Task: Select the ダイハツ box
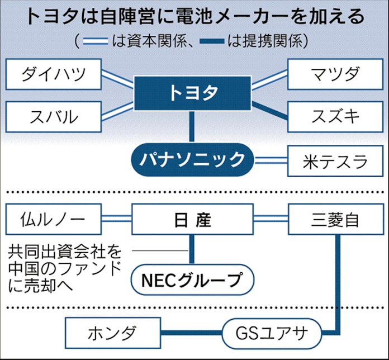pos(54,74)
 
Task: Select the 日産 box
pos(191,220)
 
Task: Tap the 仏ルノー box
pos(54,220)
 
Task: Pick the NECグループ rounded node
pos(191,277)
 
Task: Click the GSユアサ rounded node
pos(272,334)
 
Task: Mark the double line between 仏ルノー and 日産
pos(117,220)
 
